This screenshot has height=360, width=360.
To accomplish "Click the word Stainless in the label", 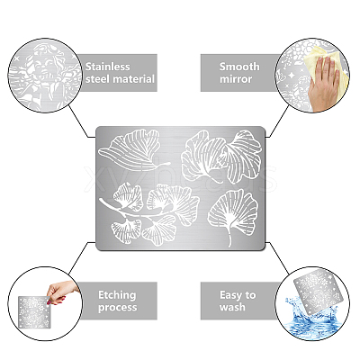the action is pos(108,67).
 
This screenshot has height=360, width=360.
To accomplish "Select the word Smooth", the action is pos(239,67).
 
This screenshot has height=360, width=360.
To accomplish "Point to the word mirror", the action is pos(236,79).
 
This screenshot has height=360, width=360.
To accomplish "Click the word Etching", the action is pos(117,295).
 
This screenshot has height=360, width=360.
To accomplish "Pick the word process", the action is pos(117,308).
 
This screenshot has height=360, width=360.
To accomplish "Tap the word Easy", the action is pos(231,295).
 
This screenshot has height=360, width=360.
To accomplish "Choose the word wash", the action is pos(232,308).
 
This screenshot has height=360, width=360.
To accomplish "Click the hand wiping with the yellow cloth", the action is pos(323,84).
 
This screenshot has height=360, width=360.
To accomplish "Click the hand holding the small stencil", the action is pos(61,292).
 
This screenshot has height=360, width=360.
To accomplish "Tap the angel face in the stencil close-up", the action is pos(44,66).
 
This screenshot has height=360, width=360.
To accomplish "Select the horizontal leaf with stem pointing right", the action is pos(133,150).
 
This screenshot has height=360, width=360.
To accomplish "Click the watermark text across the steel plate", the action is pos(180,178).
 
